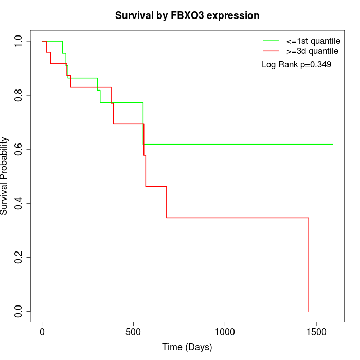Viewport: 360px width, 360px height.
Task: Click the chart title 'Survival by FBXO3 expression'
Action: (187, 16)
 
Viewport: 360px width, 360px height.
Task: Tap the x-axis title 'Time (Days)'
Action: (187, 347)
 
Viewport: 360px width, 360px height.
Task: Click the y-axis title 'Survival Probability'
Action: (5, 176)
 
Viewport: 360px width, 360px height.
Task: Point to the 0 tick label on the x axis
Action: (42, 333)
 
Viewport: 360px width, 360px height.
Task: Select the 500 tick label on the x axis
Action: (133, 333)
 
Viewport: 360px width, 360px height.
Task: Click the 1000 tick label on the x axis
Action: (225, 333)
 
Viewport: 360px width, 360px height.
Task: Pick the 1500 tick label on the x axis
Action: (316, 333)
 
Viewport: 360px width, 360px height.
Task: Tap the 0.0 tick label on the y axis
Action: (19, 311)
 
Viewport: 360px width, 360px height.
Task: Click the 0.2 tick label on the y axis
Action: (19, 257)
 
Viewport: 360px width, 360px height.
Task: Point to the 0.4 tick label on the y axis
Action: (19, 203)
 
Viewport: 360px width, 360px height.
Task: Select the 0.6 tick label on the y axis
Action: (19, 149)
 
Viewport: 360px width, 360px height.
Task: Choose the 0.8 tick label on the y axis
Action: (19, 95)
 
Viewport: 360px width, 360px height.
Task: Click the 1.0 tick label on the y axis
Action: (19, 41)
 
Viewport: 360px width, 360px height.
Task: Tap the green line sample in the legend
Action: (271, 41)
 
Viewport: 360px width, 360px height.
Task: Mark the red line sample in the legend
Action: (271, 51)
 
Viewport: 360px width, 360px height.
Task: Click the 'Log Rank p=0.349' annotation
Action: (296, 65)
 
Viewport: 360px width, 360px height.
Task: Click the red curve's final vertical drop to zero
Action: (309, 265)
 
